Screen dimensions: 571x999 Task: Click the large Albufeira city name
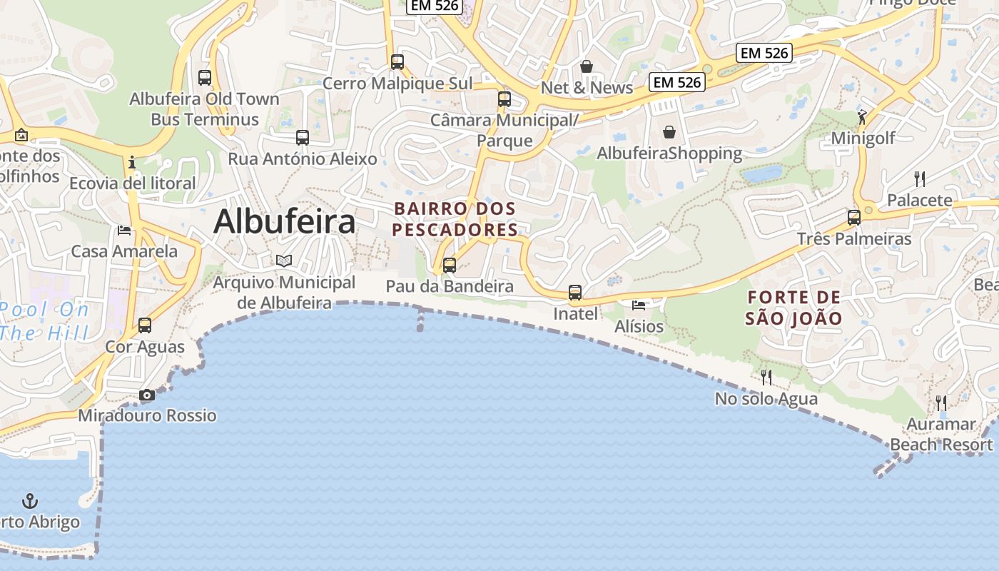[x=284, y=221]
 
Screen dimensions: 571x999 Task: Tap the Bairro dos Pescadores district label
[x=455, y=219]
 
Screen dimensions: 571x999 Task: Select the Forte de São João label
[x=793, y=308]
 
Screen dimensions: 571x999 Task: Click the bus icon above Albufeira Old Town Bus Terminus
[x=205, y=78]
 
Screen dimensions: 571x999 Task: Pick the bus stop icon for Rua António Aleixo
[x=303, y=138]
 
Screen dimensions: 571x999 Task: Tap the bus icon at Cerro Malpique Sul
[x=397, y=62]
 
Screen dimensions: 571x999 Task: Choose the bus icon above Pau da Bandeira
[x=450, y=266]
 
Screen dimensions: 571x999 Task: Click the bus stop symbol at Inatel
[x=575, y=293]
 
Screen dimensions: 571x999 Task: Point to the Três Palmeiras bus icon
[x=854, y=218]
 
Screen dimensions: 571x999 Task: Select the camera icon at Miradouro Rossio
[x=147, y=395]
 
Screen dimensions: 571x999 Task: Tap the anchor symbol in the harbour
[x=30, y=500]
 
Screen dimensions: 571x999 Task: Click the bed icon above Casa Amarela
[x=124, y=230]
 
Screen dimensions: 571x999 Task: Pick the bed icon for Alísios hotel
[x=639, y=305]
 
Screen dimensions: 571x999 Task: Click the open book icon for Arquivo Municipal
[x=284, y=261]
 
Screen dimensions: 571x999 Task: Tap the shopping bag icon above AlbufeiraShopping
[x=669, y=132]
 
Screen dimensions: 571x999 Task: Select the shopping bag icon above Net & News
[x=587, y=66]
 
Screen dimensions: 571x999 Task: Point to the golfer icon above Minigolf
[x=862, y=117]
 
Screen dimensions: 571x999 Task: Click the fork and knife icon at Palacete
[x=920, y=179]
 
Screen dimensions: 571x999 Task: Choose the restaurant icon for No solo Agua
[x=766, y=377]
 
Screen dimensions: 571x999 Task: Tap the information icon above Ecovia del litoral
[x=132, y=162]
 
